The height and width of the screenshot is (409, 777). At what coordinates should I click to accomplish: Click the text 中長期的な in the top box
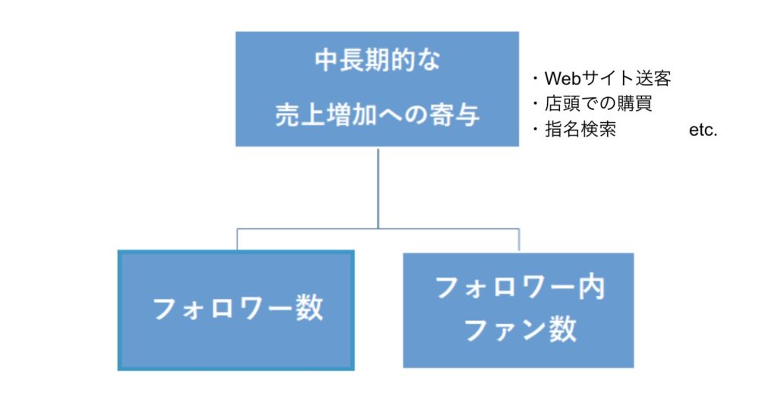[x=378, y=61]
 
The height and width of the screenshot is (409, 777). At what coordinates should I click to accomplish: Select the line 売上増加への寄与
[x=378, y=115]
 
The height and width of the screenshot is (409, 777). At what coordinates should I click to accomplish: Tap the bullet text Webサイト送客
[x=608, y=78]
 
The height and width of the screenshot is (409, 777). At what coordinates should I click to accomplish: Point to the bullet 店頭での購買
[x=598, y=104]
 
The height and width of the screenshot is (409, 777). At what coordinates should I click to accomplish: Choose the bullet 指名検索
[x=580, y=130]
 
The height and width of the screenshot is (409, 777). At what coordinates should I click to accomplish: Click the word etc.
[x=703, y=130]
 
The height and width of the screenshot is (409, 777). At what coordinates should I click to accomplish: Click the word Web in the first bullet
[x=563, y=78]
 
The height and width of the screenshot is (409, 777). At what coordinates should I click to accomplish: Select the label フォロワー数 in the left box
[x=238, y=308]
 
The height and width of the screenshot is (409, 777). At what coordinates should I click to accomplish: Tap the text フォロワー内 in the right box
[x=520, y=287]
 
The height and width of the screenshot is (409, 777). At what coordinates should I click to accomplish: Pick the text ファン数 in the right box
[x=520, y=329]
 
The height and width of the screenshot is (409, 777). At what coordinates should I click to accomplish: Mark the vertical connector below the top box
[x=378, y=188]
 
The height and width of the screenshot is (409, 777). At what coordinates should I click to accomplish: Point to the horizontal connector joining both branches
[x=378, y=229]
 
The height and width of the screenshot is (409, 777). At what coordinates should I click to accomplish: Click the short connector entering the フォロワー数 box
[x=238, y=240]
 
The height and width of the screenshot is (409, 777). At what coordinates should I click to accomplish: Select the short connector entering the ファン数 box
[x=519, y=241]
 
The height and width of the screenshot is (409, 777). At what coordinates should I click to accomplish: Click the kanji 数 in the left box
[x=310, y=308]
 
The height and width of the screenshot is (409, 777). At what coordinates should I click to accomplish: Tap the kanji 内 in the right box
[x=592, y=287]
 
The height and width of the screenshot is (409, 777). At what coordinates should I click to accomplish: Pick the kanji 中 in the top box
[x=327, y=61]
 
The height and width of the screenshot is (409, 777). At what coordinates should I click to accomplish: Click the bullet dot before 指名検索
[x=535, y=130]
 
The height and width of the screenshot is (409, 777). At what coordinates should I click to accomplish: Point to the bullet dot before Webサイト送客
[x=535, y=78]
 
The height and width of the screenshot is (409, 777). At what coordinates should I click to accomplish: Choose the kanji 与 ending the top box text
[x=467, y=115]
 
